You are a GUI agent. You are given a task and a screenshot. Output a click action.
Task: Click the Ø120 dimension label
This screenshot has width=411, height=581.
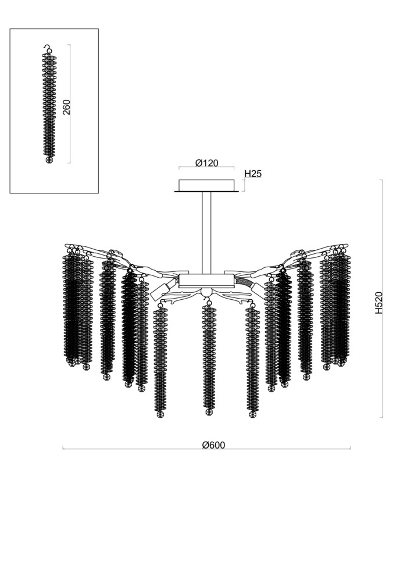(206, 163)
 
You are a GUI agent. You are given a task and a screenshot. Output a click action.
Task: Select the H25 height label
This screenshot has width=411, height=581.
(253, 174)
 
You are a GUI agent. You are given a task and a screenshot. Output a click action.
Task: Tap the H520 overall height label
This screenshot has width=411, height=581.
(378, 302)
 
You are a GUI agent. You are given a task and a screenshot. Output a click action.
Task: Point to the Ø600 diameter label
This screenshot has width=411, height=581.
(213, 445)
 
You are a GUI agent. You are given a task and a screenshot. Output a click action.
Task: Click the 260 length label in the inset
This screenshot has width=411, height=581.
(66, 106)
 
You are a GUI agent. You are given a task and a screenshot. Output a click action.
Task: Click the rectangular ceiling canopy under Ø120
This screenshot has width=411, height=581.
(206, 185)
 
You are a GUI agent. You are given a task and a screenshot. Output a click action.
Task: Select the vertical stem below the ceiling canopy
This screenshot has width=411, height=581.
(206, 232)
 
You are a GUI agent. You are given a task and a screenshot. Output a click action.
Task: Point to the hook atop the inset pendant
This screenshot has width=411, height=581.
(47, 48)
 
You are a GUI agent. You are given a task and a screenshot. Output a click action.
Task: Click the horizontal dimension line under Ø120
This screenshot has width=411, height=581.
(206, 169)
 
